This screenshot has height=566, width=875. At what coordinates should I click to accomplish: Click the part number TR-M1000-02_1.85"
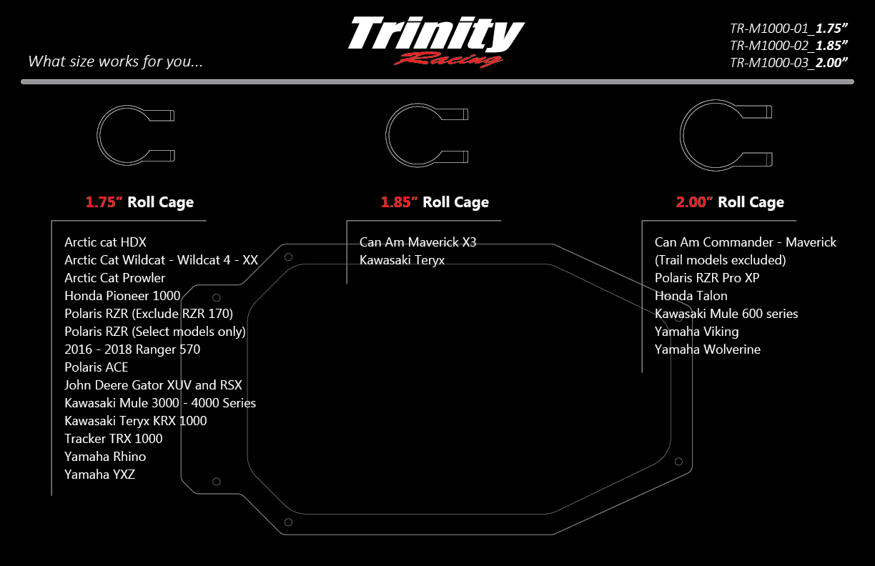click(x=789, y=45)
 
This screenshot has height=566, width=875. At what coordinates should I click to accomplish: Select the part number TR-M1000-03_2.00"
click(x=789, y=62)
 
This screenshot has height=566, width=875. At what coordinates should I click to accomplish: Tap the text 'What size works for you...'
click(x=115, y=61)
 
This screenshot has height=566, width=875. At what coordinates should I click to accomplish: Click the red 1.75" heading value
click(x=104, y=202)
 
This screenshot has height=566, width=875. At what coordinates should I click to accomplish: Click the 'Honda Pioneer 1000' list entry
click(x=122, y=296)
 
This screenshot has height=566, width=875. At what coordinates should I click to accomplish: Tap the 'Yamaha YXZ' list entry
click(x=99, y=475)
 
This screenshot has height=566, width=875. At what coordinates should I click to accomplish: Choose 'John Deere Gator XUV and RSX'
click(x=153, y=385)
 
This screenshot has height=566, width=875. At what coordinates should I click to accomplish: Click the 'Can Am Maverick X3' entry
click(x=417, y=242)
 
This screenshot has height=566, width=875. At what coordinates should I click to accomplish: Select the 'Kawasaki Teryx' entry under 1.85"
click(x=402, y=260)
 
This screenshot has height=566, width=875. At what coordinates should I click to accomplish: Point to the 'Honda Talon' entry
click(x=691, y=296)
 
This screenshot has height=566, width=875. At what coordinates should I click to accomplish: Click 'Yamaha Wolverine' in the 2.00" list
click(x=707, y=349)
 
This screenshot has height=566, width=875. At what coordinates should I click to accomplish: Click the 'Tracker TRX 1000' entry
click(x=113, y=439)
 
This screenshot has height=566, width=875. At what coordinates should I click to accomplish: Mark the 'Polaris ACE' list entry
click(x=97, y=367)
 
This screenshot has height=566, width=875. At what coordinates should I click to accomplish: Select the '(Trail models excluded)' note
click(x=720, y=260)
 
